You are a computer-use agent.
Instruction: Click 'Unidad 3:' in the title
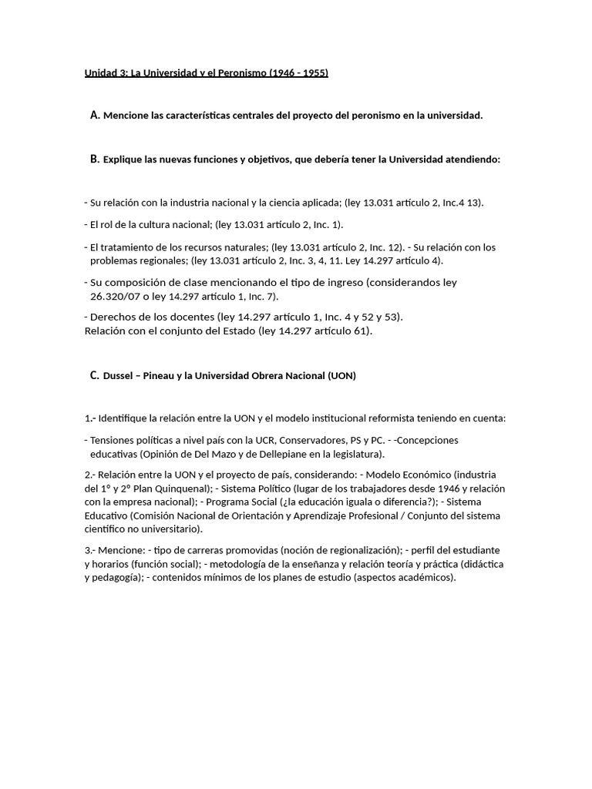(x=106, y=73)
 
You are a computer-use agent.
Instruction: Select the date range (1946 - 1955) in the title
(x=298, y=73)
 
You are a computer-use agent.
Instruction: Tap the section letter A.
(x=95, y=116)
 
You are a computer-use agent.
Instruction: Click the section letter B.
(x=95, y=159)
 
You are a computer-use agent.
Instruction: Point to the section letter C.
(x=95, y=376)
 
